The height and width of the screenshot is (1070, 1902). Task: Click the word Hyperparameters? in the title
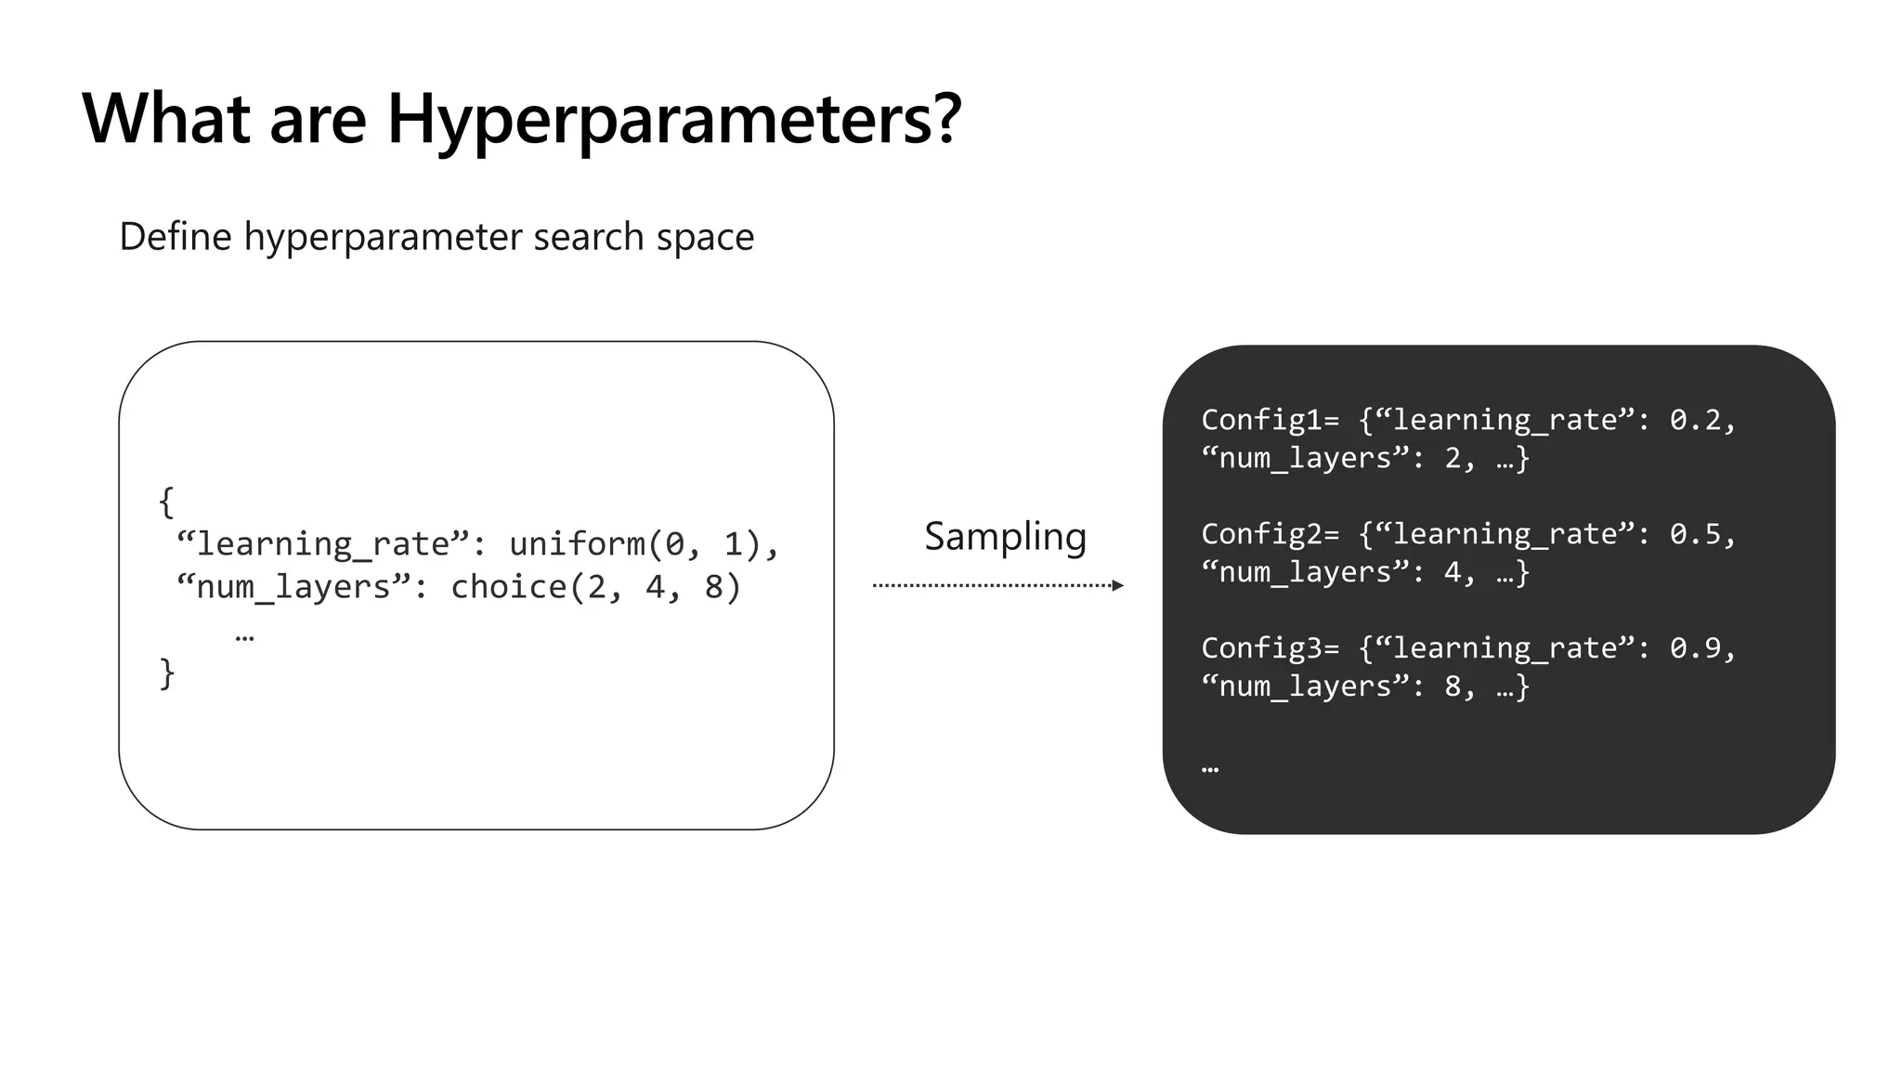pos(673,119)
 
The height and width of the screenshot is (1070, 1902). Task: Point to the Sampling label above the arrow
pos(1005,536)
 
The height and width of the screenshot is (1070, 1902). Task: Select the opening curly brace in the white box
pos(166,502)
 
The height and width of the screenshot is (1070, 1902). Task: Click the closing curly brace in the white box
pos(166,672)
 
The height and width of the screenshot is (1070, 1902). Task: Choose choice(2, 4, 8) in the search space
pos(595,587)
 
